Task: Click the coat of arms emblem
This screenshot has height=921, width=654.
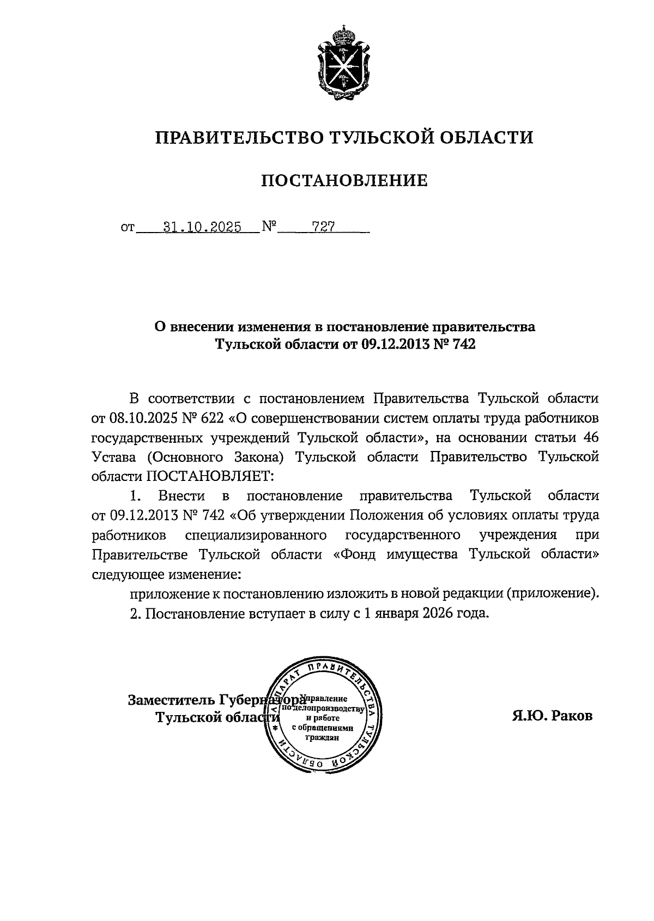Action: click(343, 64)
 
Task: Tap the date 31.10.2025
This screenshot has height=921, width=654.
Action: click(202, 227)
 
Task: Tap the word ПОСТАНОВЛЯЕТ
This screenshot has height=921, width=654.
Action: click(210, 476)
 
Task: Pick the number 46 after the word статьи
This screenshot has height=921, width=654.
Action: click(590, 437)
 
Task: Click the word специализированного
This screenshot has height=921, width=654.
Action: click(256, 535)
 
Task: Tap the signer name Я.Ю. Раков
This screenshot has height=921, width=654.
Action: click(552, 716)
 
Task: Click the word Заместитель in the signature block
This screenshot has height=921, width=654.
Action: click(171, 699)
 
